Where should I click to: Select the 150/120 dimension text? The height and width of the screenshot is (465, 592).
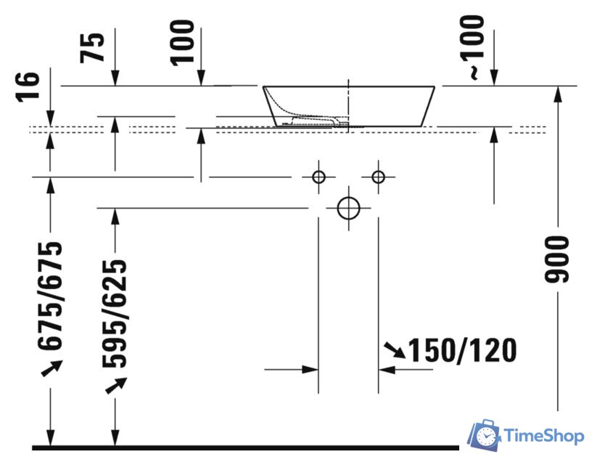pos(463,351)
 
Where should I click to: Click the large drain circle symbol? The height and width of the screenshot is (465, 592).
pos(349,208)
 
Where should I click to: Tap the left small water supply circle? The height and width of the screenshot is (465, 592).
pos(318,177)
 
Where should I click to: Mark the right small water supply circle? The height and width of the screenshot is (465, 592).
pos(378,177)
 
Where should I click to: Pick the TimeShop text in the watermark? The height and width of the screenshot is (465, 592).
pos(543,436)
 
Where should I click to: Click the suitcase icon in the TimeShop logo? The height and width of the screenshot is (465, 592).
pos(484,434)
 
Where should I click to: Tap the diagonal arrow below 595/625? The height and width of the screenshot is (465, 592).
pos(114,384)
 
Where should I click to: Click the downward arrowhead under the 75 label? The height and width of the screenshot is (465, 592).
pos(115,78)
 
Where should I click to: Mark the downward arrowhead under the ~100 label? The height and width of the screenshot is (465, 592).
pos(494,78)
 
